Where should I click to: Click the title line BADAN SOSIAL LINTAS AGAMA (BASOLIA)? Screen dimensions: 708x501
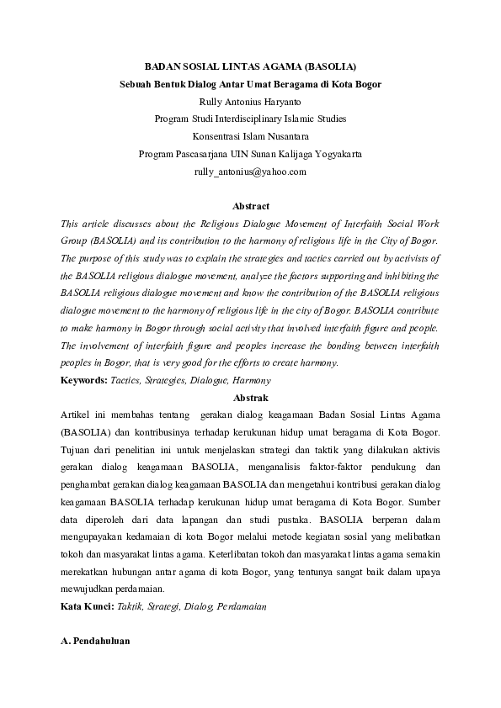(250, 65)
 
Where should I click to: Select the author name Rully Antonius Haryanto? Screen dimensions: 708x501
(250, 102)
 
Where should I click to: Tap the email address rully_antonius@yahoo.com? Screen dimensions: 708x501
(250, 172)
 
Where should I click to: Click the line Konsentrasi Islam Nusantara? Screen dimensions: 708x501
(250, 136)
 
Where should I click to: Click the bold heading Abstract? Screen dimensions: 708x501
(250, 206)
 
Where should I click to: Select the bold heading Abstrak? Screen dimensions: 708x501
(250, 398)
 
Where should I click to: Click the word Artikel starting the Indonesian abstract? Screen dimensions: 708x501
(77, 415)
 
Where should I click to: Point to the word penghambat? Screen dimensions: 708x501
(88, 485)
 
